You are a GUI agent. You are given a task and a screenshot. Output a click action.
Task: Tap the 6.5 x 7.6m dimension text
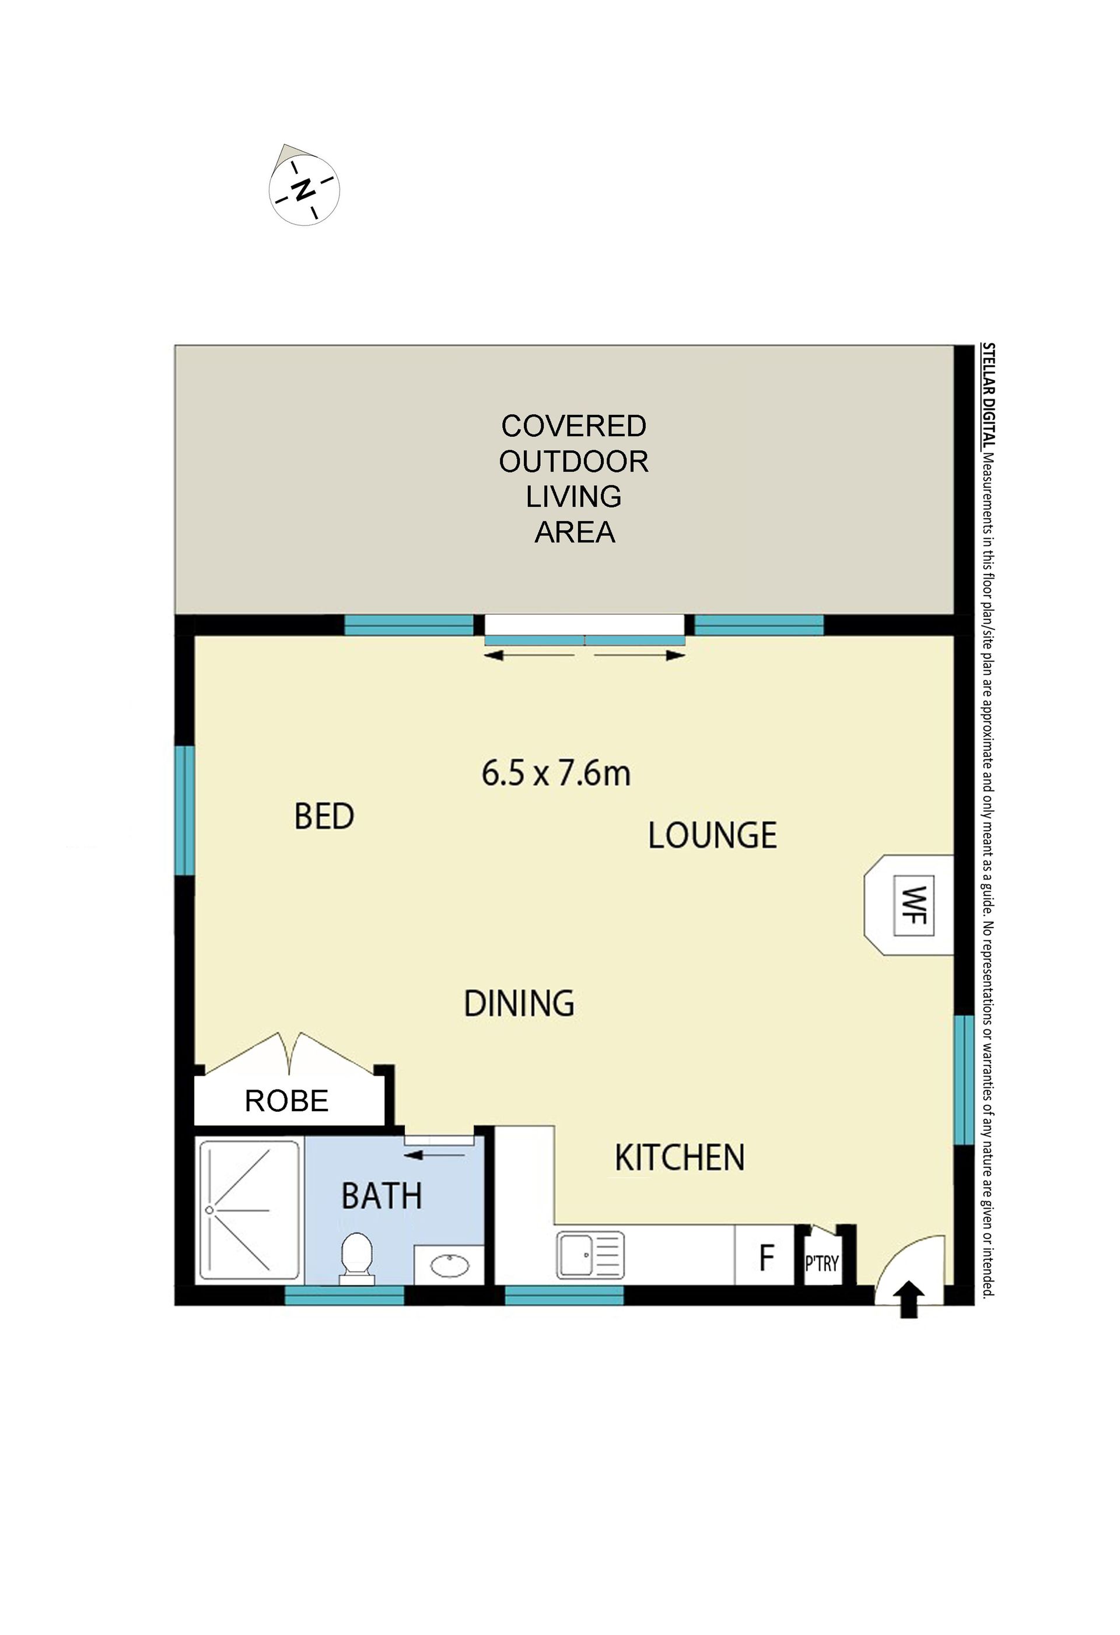(x=556, y=774)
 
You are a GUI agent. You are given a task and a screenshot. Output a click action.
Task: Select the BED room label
(x=324, y=817)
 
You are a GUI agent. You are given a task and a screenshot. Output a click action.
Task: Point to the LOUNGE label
(x=712, y=836)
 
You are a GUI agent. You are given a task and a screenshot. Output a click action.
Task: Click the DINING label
(x=519, y=1003)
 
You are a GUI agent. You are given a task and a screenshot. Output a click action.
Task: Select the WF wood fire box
(x=913, y=905)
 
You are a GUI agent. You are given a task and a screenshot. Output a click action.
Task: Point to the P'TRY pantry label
(x=822, y=1263)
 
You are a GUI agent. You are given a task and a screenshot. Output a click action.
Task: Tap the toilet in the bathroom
(x=358, y=1256)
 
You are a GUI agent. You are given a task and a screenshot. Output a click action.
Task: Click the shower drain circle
(x=209, y=1210)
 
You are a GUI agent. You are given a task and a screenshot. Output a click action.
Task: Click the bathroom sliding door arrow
(x=435, y=1154)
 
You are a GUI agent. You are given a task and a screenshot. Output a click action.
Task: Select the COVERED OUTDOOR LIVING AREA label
(x=573, y=479)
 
